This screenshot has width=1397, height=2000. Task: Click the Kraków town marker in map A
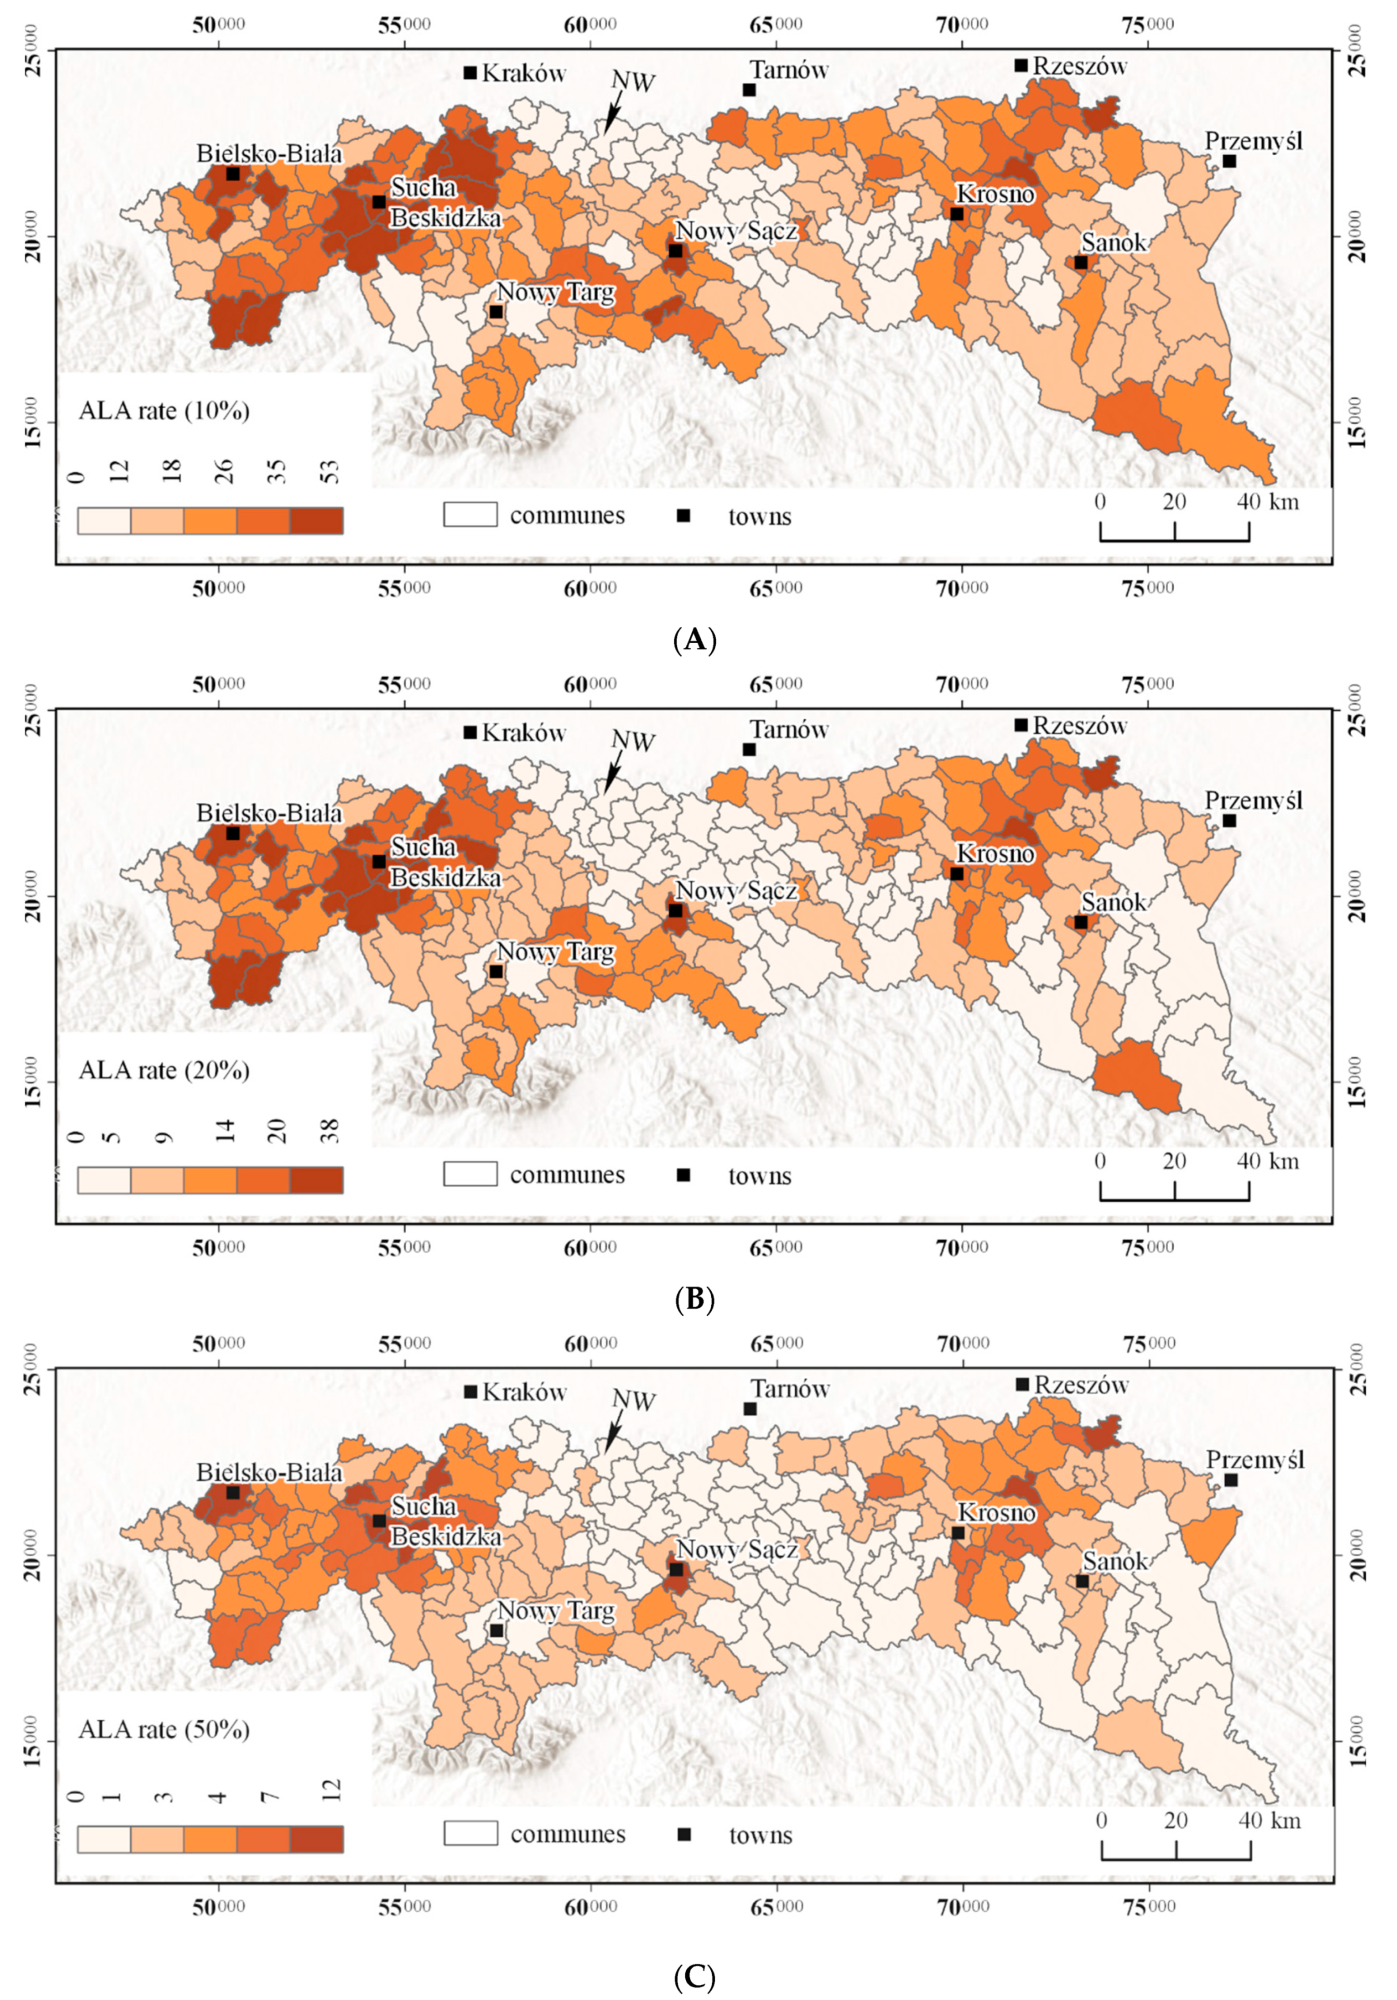point(470,72)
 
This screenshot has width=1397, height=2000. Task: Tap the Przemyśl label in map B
point(1253,799)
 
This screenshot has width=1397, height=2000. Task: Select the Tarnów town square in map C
point(750,1409)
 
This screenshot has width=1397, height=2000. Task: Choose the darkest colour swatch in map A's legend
point(316,520)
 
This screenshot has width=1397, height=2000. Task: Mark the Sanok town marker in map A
point(1081,262)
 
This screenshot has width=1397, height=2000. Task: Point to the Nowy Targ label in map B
point(555,952)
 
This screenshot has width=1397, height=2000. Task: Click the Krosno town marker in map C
point(958,1533)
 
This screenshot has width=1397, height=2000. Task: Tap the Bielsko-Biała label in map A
point(269,153)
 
